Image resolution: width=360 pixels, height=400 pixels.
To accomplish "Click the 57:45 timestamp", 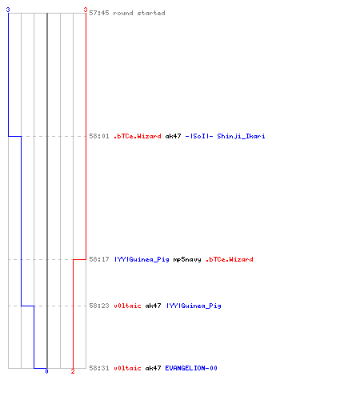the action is [x=99, y=13].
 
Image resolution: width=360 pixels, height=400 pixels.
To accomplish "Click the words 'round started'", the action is [x=139, y=13].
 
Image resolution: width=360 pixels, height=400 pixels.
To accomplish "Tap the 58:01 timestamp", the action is [x=99, y=136].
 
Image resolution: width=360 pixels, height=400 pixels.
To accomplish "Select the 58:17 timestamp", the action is [x=99, y=259].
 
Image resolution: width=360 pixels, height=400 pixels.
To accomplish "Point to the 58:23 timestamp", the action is [x=99, y=306].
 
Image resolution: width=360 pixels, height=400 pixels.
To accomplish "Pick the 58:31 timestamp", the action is [x=99, y=368].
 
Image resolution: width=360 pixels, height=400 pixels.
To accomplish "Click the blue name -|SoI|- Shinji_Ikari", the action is [x=225, y=136].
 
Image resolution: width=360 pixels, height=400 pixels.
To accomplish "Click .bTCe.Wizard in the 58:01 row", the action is [x=138, y=136].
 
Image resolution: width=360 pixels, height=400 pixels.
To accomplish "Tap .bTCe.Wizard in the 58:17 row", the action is [x=230, y=259].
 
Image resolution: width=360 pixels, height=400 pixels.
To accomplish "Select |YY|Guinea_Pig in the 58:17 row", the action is [x=142, y=259].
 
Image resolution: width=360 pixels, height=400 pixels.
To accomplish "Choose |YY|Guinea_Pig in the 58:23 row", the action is [x=194, y=306].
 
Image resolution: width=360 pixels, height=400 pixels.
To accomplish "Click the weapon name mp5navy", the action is [x=187, y=259].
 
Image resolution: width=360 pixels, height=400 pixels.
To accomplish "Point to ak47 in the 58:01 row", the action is [x=173, y=136].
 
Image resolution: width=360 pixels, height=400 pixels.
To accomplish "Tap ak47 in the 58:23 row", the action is [x=153, y=306].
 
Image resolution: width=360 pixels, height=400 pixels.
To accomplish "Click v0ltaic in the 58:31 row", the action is [x=127, y=368].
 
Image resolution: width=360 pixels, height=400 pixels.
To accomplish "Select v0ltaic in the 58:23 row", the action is [x=127, y=306].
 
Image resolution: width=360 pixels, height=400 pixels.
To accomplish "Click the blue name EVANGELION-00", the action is [x=191, y=368].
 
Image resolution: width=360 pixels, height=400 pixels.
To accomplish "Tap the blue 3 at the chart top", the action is [x=8, y=10].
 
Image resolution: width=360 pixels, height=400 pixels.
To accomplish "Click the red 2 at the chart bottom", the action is [x=73, y=371].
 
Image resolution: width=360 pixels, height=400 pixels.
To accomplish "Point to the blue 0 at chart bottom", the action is [x=46, y=371].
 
